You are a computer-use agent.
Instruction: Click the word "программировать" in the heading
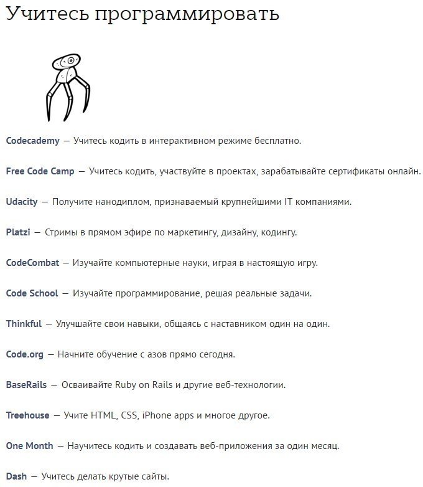pos(187,15)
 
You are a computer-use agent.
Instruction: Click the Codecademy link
pos(33,141)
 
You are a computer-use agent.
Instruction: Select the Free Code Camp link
pos(40,171)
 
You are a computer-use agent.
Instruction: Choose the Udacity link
pos(22,202)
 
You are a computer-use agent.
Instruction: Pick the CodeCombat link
pos(33,263)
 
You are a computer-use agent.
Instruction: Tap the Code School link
pos(32,293)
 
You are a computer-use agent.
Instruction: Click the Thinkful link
pos(24,324)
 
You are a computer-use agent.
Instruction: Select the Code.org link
pos(25,354)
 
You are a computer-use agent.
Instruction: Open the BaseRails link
pos(26,385)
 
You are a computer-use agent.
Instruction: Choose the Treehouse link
pos(27,415)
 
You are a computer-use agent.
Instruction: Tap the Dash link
pos(16,476)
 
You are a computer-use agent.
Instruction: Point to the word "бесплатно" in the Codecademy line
pos(278,141)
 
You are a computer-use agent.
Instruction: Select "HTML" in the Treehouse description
pos(103,415)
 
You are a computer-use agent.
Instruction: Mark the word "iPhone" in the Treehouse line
pos(157,415)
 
